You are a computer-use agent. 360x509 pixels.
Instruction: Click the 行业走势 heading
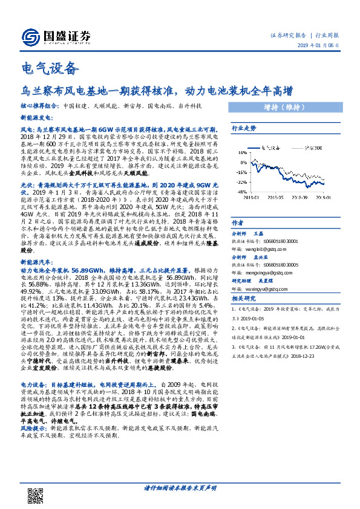click(x=244, y=128)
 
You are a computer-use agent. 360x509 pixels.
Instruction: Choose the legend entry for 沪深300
click(x=308, y=147)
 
